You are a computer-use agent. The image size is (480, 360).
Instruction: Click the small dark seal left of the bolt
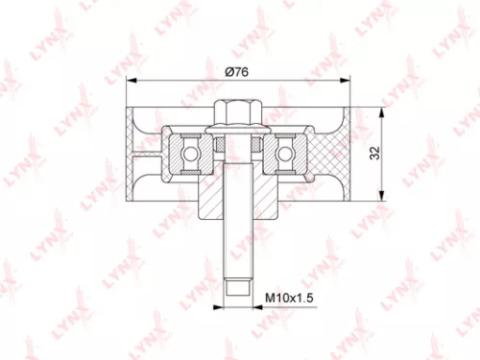coord(218,145)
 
